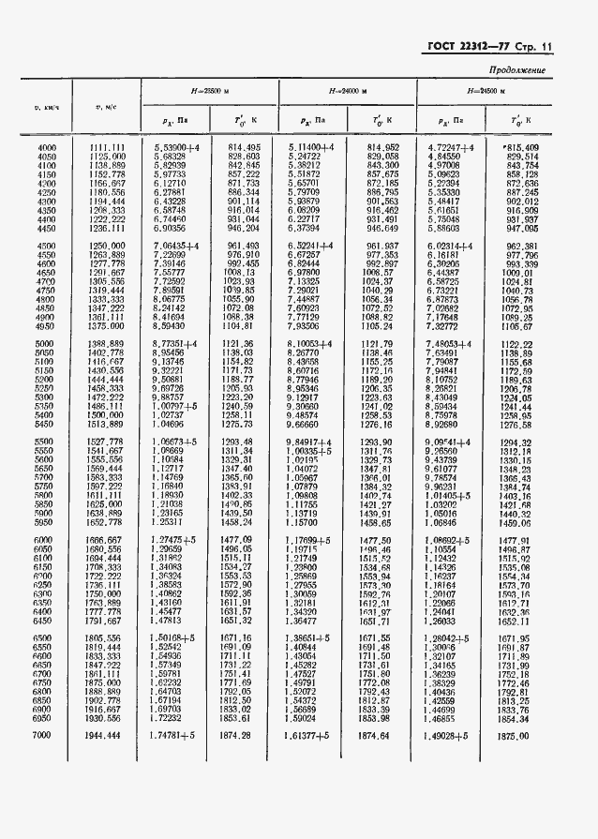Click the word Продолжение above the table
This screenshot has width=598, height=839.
tap(516, 70)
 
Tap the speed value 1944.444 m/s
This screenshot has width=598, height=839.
tap(107, 736)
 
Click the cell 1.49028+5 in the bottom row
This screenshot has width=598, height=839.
tap(452, 736)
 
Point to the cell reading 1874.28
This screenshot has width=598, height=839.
tap(242, 736)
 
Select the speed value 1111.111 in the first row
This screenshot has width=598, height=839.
tap(107, 148)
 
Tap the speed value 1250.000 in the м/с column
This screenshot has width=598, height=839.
tap(107, 246)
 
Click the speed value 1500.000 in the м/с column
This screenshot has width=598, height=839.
tap(107, 414)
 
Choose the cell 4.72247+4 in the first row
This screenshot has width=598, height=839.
tap(452, 148)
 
